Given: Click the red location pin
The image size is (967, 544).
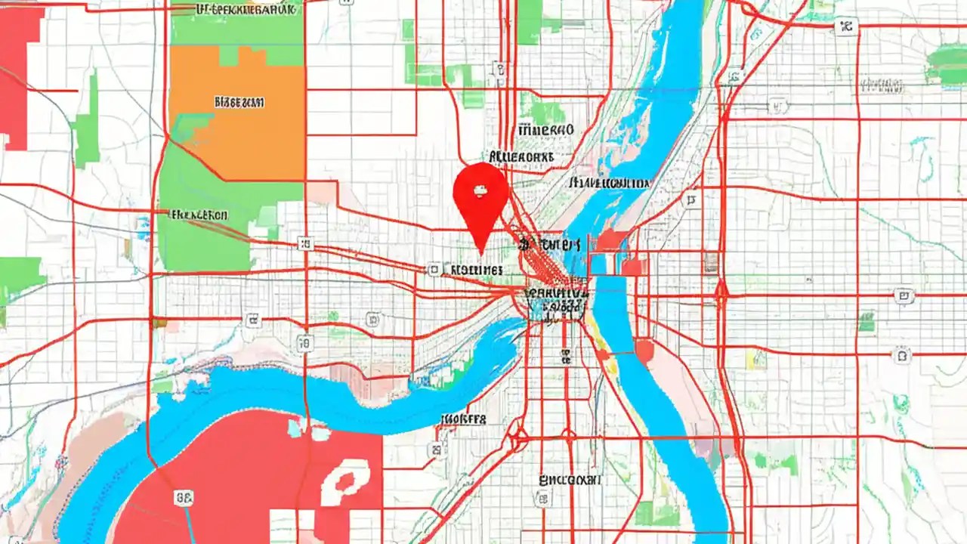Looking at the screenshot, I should (x=480, y=198).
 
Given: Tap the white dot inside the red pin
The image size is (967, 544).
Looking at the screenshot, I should (x=479, y=190).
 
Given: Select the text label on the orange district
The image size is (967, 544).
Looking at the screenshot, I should (x=239, y=101).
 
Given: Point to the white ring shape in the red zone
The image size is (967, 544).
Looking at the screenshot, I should (x=345, y=481).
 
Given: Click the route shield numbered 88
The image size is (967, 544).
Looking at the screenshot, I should (x=184, y=496).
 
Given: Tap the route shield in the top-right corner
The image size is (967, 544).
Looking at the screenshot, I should (x=846, y=27).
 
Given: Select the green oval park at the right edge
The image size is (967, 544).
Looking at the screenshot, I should (x=947, y=64).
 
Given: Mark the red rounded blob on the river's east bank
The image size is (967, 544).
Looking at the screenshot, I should (x=644, y=349).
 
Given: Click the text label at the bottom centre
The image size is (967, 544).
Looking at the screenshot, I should (x=570, y=479).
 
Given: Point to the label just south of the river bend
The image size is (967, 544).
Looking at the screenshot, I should (x=463, y=419).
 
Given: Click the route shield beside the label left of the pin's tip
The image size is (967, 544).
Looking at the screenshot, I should (x=434, y=269).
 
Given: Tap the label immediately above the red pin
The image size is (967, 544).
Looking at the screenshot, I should (x=521, y=156).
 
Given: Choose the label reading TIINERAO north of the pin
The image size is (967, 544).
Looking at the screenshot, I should (x=542, y=130).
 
